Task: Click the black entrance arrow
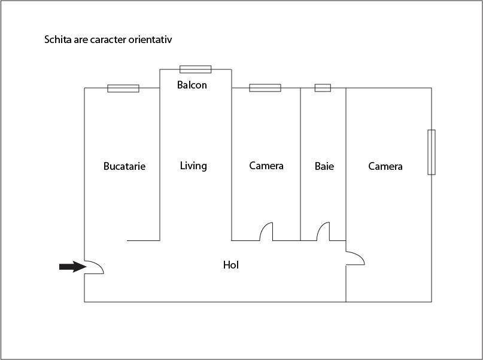tap(72, 267)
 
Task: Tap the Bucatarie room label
tap(124, 166)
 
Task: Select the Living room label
tap(193, 166)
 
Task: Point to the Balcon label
tap(192, 85)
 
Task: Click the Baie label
tap(324, 166)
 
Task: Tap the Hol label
tap(231, 265)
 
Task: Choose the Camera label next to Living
tap(266, 166)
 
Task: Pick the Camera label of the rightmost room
tap(385, 166)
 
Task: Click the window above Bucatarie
tap(123, 89)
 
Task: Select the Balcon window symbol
tap(196, 69)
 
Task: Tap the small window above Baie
tap(323, 88)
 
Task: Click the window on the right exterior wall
tap(432, 152)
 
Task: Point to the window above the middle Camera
tap(265, 88)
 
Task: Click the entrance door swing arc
tap(94, 267)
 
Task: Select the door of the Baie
tap(323, 231)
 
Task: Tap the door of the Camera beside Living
tap(266, 231)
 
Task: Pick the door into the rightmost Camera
tap(356, 258)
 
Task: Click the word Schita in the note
tap(58, 39)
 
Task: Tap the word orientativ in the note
tap(150, 39)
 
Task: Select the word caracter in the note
tap(108, 39)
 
